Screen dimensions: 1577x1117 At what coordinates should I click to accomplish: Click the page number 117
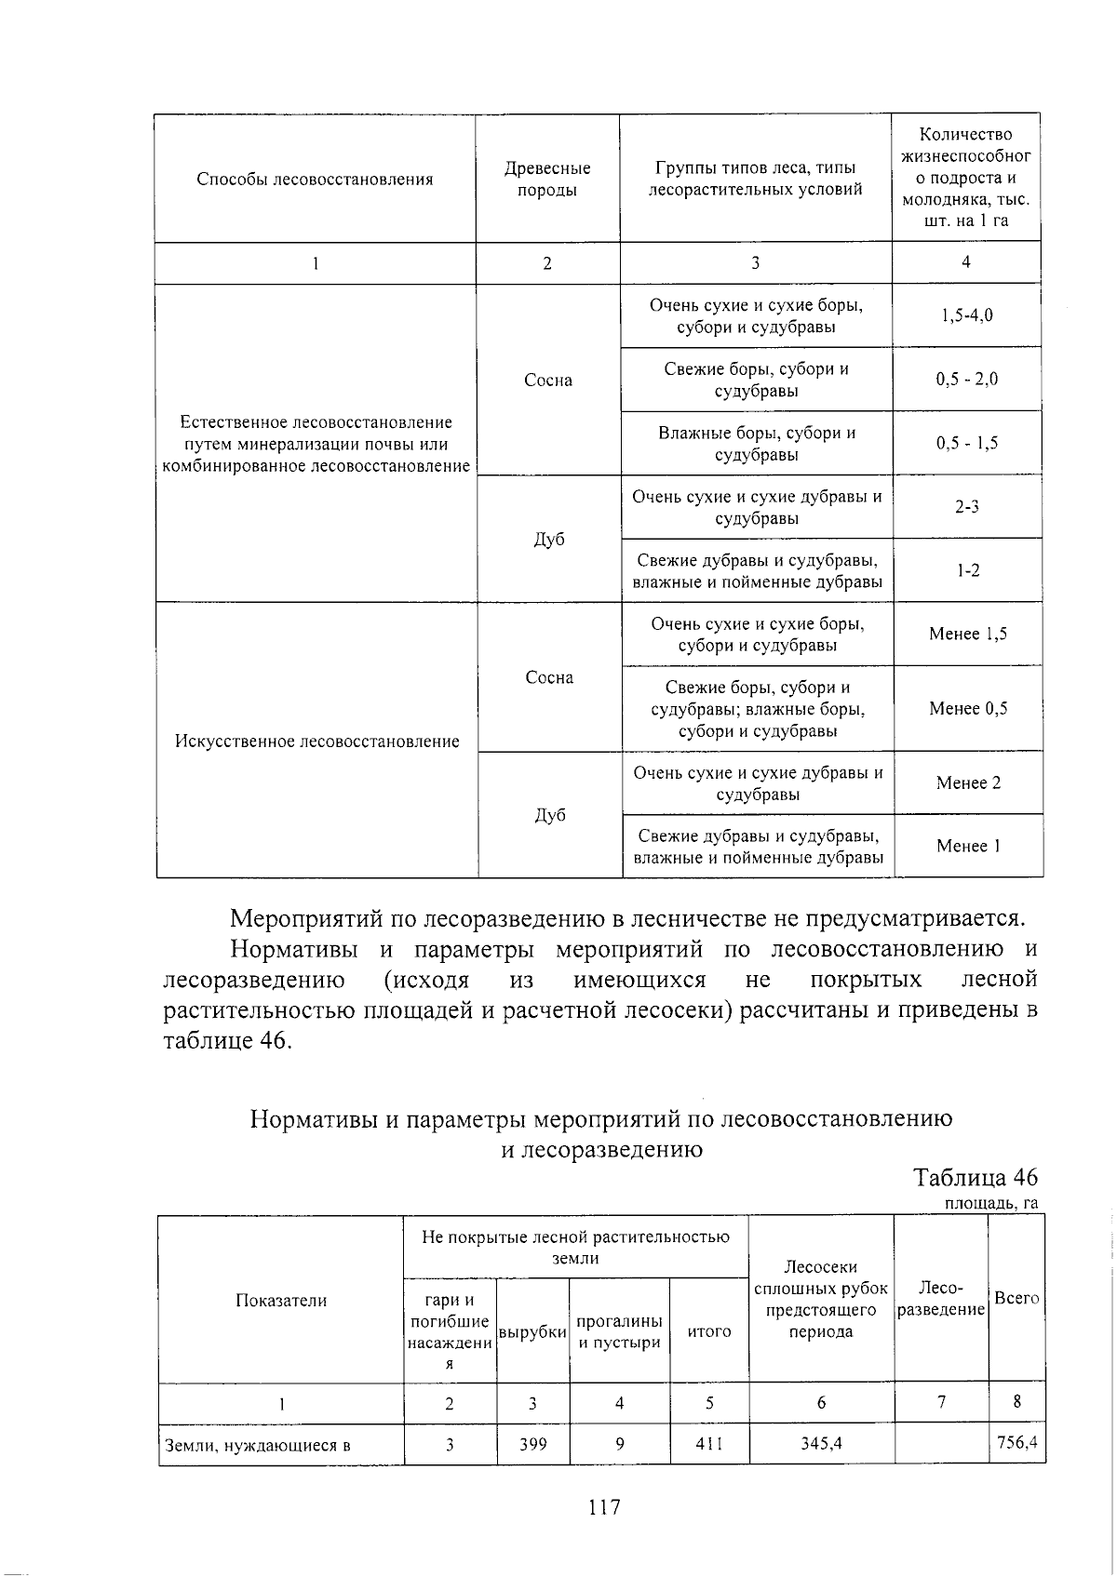(x=604, y=1506)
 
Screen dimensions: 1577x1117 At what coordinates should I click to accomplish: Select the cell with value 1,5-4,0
(x=966, y=314)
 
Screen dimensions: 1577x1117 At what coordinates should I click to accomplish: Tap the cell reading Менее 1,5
(x=967, y=634)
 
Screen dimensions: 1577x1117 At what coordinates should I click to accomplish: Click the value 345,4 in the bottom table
(x=820, y=1444)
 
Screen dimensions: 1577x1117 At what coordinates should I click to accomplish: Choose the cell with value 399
(x=532, y=1444)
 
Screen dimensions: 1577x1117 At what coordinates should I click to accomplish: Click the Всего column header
(x=1016, y=1298)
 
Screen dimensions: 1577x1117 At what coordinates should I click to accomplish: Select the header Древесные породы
(x=547, y=179)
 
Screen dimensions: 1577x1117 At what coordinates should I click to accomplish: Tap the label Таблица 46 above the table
(x=975, y=1177)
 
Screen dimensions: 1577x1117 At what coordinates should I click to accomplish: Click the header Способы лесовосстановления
(x=315, y=179)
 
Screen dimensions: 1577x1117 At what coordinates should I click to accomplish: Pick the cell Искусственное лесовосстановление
(x=316, y=742)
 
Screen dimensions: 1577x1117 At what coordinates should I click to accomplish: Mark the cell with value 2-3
(x=966, y=507)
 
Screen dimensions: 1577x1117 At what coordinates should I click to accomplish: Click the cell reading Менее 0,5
(x=967, y=708)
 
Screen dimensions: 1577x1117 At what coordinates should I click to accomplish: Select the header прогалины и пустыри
(x=619, y=1331)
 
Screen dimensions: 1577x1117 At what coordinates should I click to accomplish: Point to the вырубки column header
(x=532, y=1331)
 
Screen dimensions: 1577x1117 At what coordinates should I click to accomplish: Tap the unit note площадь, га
(x=990, y=1204)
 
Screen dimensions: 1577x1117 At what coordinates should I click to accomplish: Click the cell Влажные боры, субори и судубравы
(x=756, y=444)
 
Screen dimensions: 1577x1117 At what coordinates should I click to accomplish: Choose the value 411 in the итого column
(x=708, y=1444)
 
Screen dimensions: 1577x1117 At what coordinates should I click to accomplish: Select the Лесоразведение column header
(x=940, y=1298)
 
